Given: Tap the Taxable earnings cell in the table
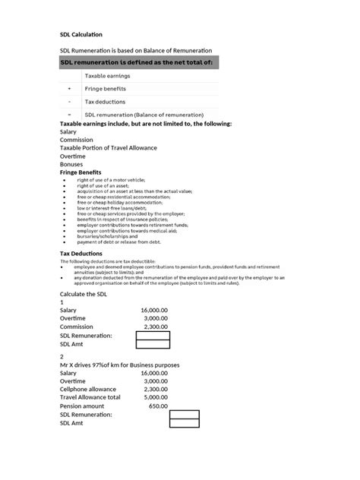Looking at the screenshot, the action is point(107,76).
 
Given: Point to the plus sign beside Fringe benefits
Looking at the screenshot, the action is point(69,89).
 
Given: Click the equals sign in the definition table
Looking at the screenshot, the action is point(69,115).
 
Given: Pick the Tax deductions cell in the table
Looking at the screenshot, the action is point(105,102).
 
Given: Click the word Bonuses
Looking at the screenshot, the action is point(73,164).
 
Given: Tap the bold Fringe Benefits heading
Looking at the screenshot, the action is point(81,172).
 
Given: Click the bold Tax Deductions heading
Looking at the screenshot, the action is point(81,253).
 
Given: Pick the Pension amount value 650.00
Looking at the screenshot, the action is point(158,406).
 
